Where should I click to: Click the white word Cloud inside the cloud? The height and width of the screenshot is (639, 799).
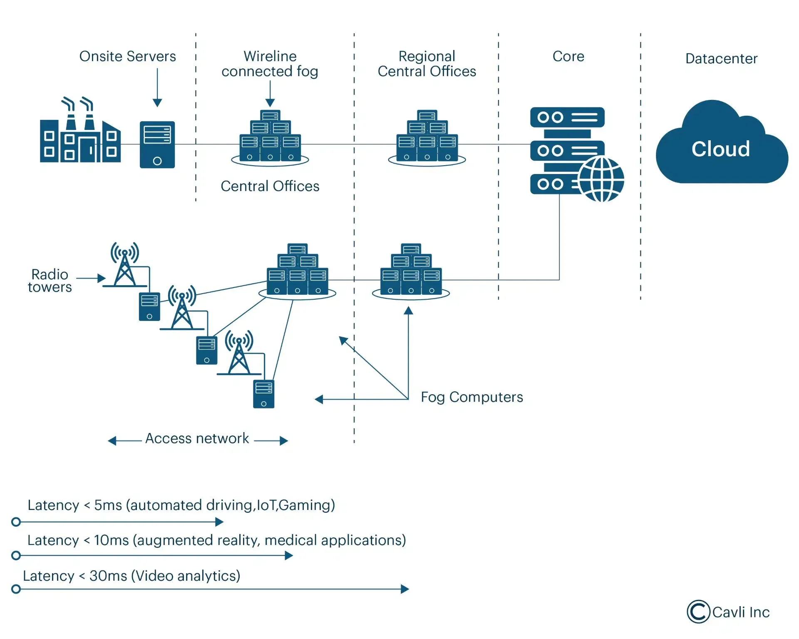[x=720, y=149]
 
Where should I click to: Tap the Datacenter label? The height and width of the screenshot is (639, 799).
[x=721, y=59]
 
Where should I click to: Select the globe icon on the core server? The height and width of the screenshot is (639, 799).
[x=601, y=179]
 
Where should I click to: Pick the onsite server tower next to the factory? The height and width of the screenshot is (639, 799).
[x=157, y=144]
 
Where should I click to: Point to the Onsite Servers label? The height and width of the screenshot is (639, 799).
[x=127, y=56]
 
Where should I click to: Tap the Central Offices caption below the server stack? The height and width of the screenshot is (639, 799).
[x=270, y=186]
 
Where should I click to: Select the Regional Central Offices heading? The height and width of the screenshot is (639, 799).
[x=427, y=64]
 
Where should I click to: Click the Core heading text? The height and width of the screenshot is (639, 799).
[x=568, y=56]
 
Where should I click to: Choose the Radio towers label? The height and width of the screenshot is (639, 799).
[x=50, y=281]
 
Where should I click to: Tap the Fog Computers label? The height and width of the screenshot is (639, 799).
[x=471, y=397]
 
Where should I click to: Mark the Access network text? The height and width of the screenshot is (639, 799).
[x=197, y=438]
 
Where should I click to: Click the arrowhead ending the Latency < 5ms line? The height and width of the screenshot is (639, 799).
[x=219, y=522]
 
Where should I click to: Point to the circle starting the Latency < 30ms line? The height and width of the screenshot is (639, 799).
[x=16, y=589]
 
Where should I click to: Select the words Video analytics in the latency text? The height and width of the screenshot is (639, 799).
[x=186, y=576]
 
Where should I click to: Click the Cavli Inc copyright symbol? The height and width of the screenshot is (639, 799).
[x=698, y=612]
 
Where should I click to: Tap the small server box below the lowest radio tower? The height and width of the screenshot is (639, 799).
[x=263, y=394]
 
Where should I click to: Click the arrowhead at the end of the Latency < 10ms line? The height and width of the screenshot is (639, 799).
[x=289, y=555]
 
